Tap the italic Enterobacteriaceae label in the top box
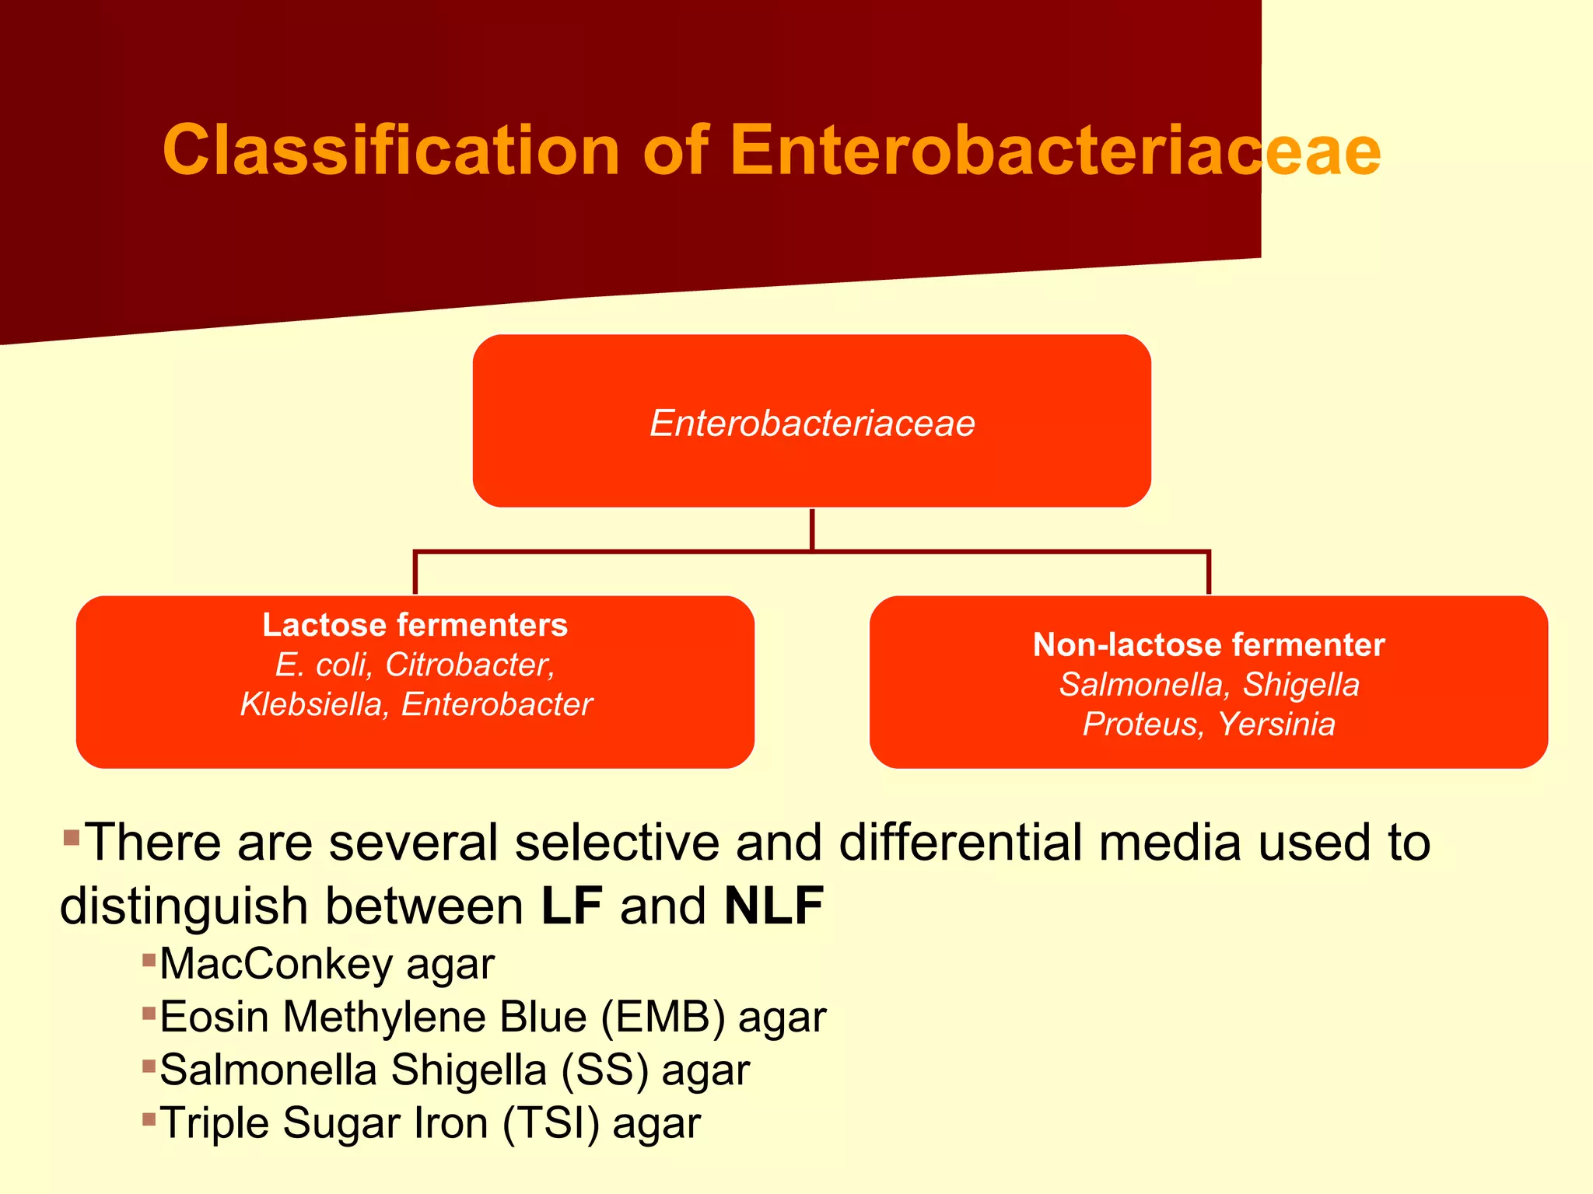point(812,424)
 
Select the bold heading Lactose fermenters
point(415,625)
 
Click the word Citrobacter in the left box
point(469,665)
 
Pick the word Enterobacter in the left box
point(497,704)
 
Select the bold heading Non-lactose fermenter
point(1208,645)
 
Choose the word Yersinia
point(1276,724)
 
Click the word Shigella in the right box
point(1301,685)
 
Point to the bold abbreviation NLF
point(774,906)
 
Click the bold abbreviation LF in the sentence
point(572,906)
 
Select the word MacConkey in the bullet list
point(276,965)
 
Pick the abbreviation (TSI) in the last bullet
point(551,1124)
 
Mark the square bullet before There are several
point(72,837)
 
